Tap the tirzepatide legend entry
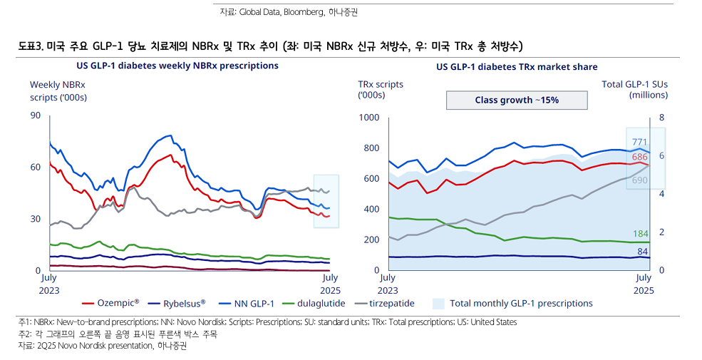tap(388, 303)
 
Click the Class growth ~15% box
tap(517, 100)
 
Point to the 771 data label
tap(639, 142)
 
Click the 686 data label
tap(639, 157)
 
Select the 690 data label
tap(639, 181)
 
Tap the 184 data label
tap(641, 234)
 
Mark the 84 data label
tap(642, 251)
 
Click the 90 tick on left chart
tap(36, 115)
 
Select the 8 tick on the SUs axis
tap(662, 117)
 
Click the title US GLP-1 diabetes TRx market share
tap(517, 67)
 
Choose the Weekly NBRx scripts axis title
tap(58, 91)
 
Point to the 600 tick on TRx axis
tap(372, 178)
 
